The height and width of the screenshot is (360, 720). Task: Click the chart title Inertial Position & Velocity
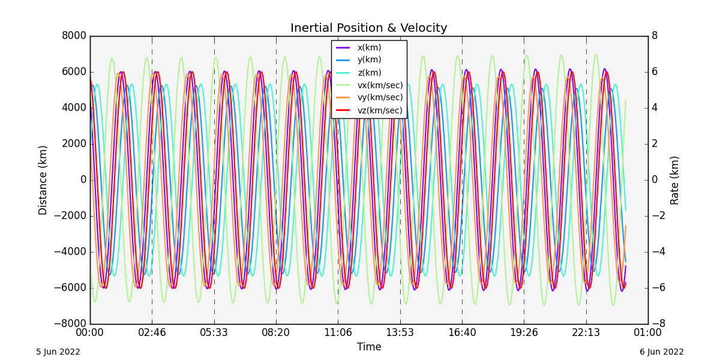coord(368,28)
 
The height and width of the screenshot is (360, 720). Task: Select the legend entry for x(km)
coord(369,47)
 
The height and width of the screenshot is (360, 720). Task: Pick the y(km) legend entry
coord(369,59)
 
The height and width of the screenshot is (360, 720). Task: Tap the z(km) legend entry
coord(369,73)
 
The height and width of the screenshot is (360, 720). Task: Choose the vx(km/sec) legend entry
coord(380,85)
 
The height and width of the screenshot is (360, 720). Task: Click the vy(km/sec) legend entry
coord(380,97)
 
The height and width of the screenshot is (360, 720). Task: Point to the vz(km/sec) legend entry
coord(380,110)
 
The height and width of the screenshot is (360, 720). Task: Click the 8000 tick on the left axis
coord(74,35)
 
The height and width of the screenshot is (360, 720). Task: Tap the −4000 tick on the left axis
coord(70,252)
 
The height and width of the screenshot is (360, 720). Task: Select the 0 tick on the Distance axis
coord(83,180)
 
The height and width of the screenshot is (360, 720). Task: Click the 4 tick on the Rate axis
coord(655,108)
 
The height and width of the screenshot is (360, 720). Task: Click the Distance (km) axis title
coord(43,180)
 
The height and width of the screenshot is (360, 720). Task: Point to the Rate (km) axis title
coord(675,180)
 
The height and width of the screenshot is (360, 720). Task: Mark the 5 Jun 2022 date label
coord(58,352)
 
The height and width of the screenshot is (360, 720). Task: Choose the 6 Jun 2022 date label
coord(661,352)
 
